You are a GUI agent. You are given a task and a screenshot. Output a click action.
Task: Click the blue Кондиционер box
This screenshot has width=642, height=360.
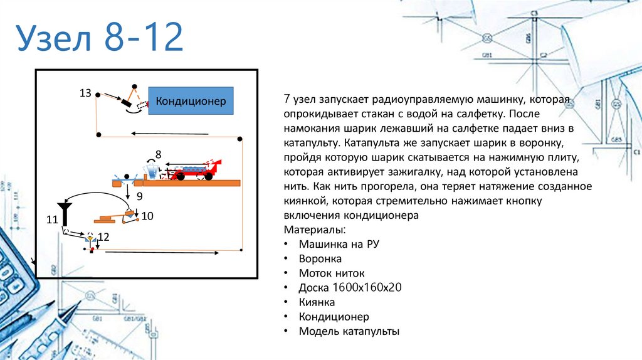(191, 101)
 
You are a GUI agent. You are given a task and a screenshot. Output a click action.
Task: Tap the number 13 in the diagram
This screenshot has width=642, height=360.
(85, 93)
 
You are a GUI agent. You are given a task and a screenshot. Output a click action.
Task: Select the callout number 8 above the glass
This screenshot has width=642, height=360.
(158, 154)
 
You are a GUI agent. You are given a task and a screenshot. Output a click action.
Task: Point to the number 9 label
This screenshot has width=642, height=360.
(140, 196)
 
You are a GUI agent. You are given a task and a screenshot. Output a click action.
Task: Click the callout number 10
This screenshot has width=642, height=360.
(147, 216)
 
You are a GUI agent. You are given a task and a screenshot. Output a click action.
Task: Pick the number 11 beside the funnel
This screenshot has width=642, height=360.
(51, 220)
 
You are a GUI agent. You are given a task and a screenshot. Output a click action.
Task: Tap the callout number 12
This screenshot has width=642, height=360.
(103, 236)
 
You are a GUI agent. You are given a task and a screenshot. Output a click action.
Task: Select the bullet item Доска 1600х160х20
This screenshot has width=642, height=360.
(350, 288)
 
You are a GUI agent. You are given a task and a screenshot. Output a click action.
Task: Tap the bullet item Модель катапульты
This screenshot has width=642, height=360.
(349, 331)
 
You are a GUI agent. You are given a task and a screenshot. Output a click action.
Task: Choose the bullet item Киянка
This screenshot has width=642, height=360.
(317, 302)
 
